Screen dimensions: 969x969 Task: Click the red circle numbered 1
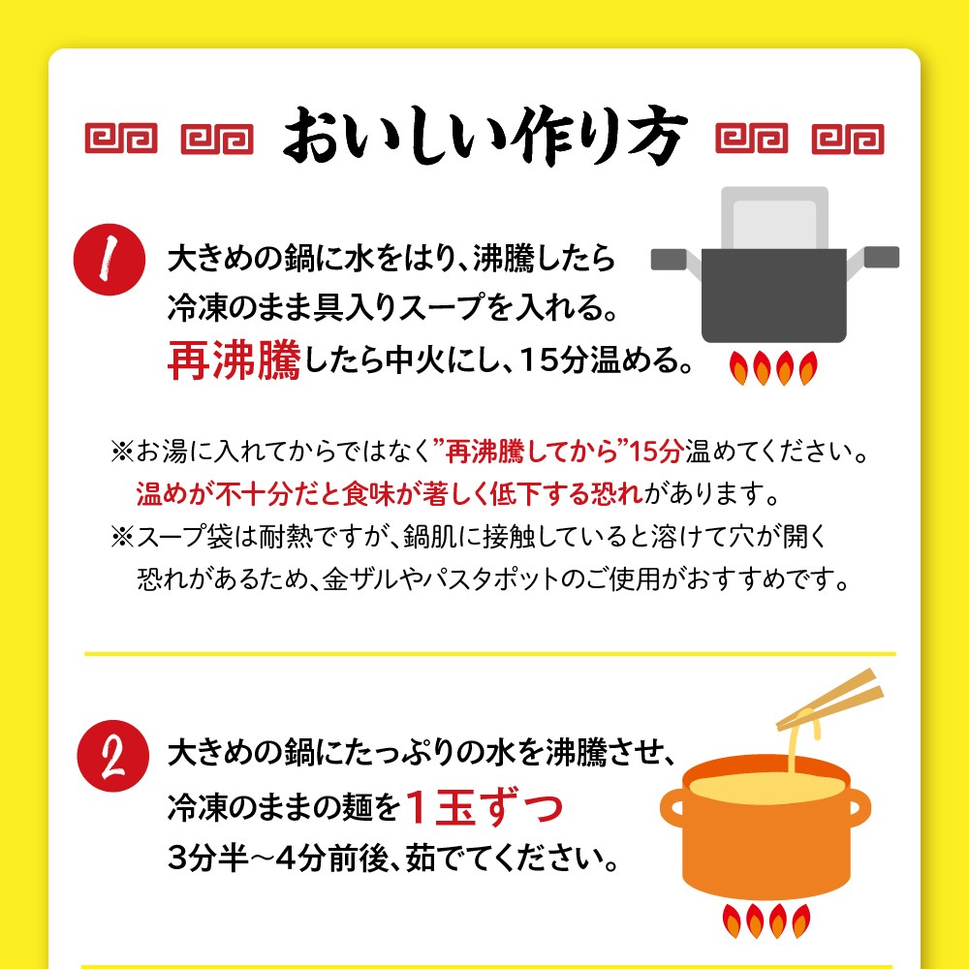coord(109,260)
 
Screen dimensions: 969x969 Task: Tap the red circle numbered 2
coord(113,756)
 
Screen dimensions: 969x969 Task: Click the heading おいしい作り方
coord(485,136)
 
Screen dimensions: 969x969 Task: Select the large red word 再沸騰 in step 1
coord(234,359)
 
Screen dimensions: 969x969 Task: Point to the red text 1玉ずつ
coord(484,807)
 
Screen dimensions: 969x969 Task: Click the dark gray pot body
coord(773,296)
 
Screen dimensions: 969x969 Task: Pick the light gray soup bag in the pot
coord(774,217)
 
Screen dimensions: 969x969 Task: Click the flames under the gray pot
coord(773,367)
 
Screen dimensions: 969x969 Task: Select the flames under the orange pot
coord(766,921)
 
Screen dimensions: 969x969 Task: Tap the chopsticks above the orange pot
coord(830,699)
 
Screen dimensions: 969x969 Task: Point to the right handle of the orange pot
coord(860,807)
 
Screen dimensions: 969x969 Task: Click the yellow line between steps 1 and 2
coord(490,653)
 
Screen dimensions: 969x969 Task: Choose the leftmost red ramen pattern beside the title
coord(121,139)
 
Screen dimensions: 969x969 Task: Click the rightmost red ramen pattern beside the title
coord(848,139)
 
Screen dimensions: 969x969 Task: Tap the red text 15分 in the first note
coord(656,452)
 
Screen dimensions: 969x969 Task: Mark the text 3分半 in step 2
coord(208,858)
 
